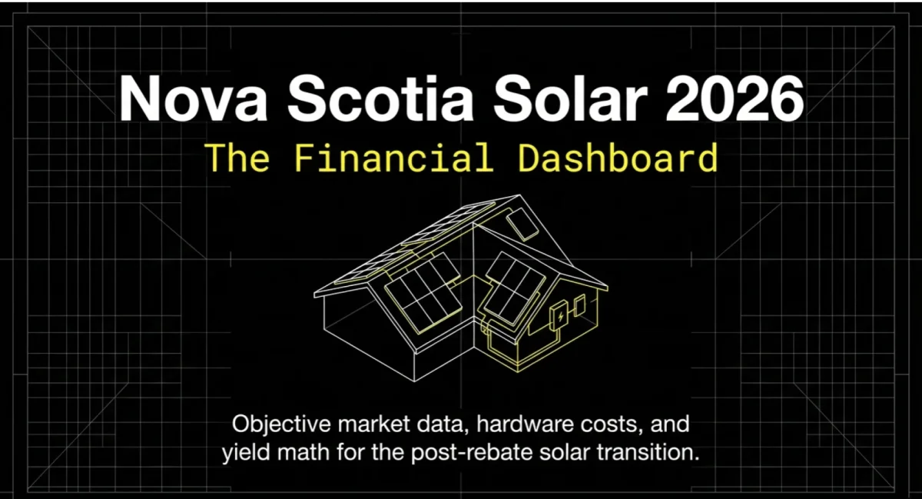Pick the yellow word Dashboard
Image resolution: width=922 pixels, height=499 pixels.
point(618,158)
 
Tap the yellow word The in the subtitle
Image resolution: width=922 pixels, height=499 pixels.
point(238,158)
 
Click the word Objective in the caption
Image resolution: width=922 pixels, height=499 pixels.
point(280,424)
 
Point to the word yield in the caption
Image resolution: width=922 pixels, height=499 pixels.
point(246,453)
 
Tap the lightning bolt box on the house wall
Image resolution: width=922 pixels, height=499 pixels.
point(562,315)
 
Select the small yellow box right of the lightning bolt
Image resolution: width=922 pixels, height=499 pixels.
point(581,308)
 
